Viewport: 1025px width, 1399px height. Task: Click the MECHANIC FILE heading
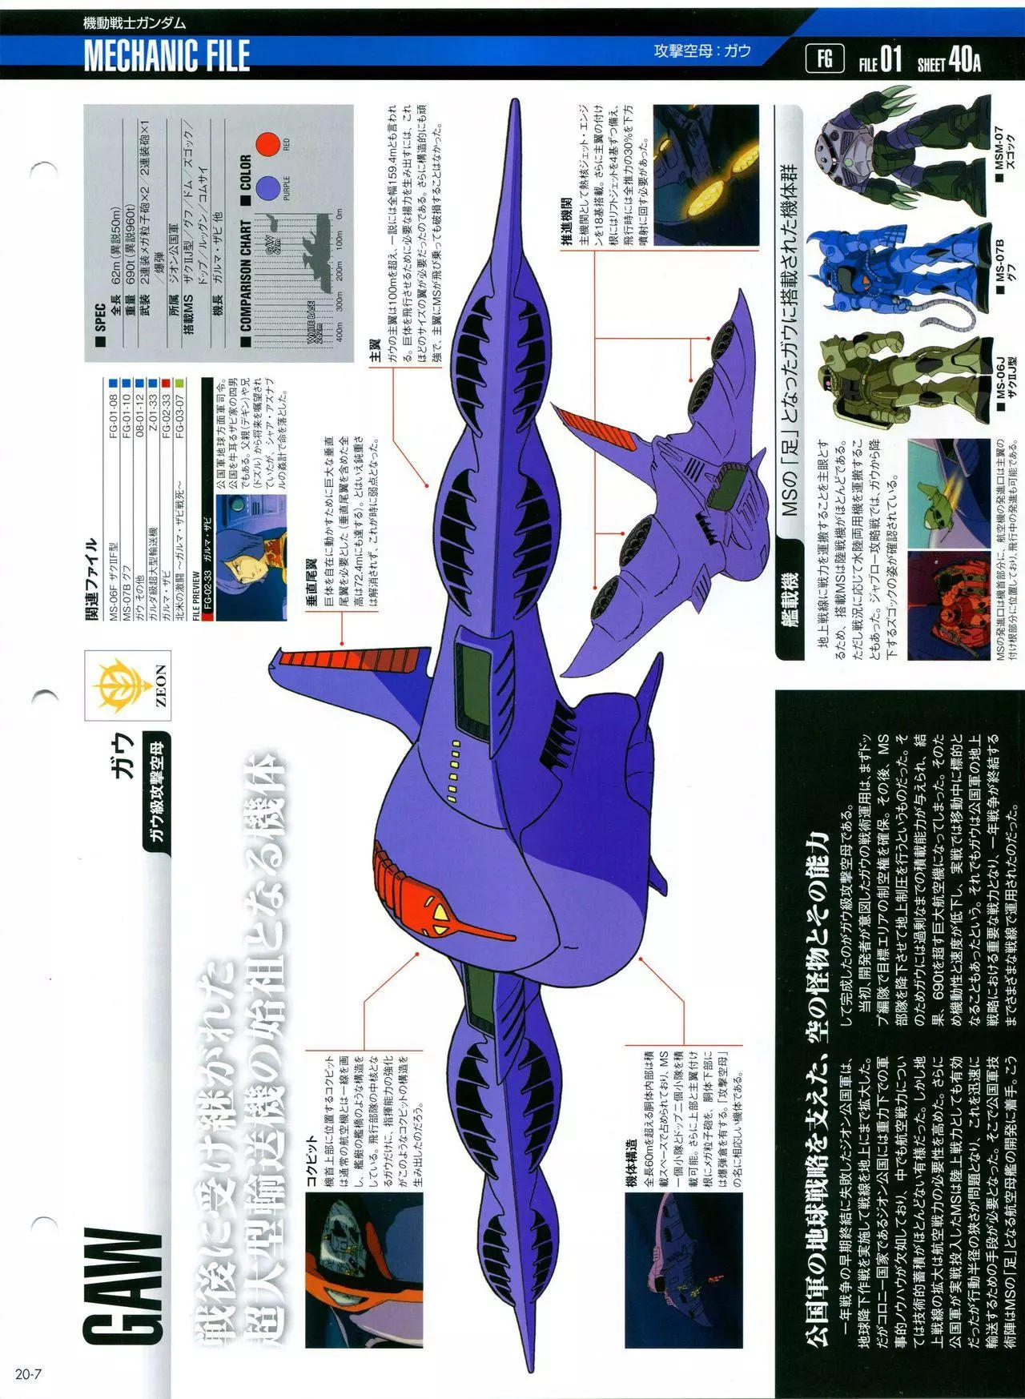167,55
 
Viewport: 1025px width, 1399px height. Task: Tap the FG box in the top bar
825,58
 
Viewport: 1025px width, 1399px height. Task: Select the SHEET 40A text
950,60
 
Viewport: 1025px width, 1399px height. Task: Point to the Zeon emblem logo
127,685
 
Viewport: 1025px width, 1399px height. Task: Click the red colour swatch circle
267,146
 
